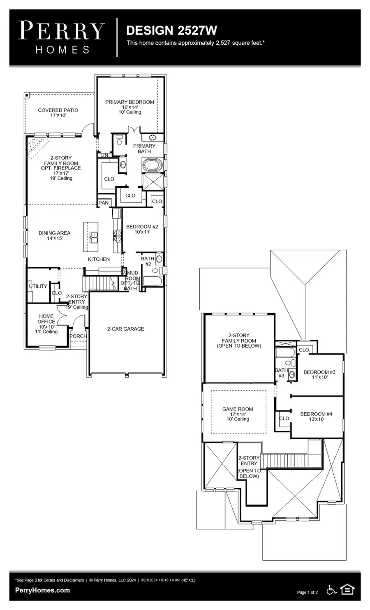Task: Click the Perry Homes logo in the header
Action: tap(62, 37)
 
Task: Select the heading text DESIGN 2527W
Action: tap(171, 30)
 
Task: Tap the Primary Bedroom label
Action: tap(129, 107)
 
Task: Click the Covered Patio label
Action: tap(58, 113)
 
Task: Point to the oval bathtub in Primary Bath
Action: tap(153, 166)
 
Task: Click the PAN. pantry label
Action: tap(104, 203)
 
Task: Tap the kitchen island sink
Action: tap(94, 236)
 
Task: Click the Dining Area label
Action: tap(54, 235)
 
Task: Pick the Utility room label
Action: tap(38, 286)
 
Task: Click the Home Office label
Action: tap(46, 324)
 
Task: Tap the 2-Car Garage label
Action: tap(125, 329)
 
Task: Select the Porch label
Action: tap(78, 336)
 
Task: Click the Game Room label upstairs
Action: tap(238, 414)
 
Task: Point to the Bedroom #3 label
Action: tap(319, 374)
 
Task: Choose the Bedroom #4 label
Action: tap(316, 416)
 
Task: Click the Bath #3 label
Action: tap(281, 373)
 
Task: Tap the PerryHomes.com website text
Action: tap(42, 590)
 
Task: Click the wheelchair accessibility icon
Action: tap(331, 590)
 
